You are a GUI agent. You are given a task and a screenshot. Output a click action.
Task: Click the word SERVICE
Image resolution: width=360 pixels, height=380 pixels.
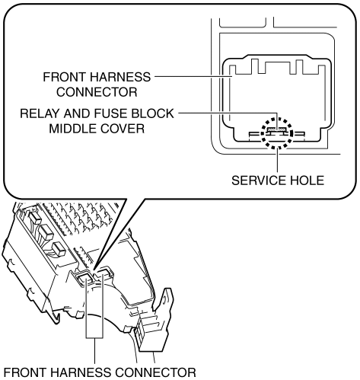[256, 180]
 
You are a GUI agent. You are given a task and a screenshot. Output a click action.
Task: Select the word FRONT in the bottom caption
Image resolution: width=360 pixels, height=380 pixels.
[25, 372]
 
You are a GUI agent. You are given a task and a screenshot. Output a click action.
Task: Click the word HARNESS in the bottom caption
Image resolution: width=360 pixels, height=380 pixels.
[81, 372]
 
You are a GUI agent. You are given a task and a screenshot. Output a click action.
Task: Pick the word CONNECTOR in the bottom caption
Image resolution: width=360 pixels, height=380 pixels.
[156, 372]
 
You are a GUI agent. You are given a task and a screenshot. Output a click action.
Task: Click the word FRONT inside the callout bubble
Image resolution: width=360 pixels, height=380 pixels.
[64, 77]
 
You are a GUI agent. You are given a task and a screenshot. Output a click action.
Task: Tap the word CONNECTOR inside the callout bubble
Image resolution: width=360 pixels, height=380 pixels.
[97, 92]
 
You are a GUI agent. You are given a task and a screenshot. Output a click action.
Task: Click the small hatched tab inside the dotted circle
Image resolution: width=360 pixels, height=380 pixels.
[277, 129]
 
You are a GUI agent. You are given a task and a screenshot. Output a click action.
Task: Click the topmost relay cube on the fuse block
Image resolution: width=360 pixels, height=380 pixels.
[35, 218]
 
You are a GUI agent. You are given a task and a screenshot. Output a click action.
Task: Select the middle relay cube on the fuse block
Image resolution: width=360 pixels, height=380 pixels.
[46, 232]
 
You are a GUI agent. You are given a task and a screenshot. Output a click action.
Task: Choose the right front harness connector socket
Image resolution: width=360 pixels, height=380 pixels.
[104, 273]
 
